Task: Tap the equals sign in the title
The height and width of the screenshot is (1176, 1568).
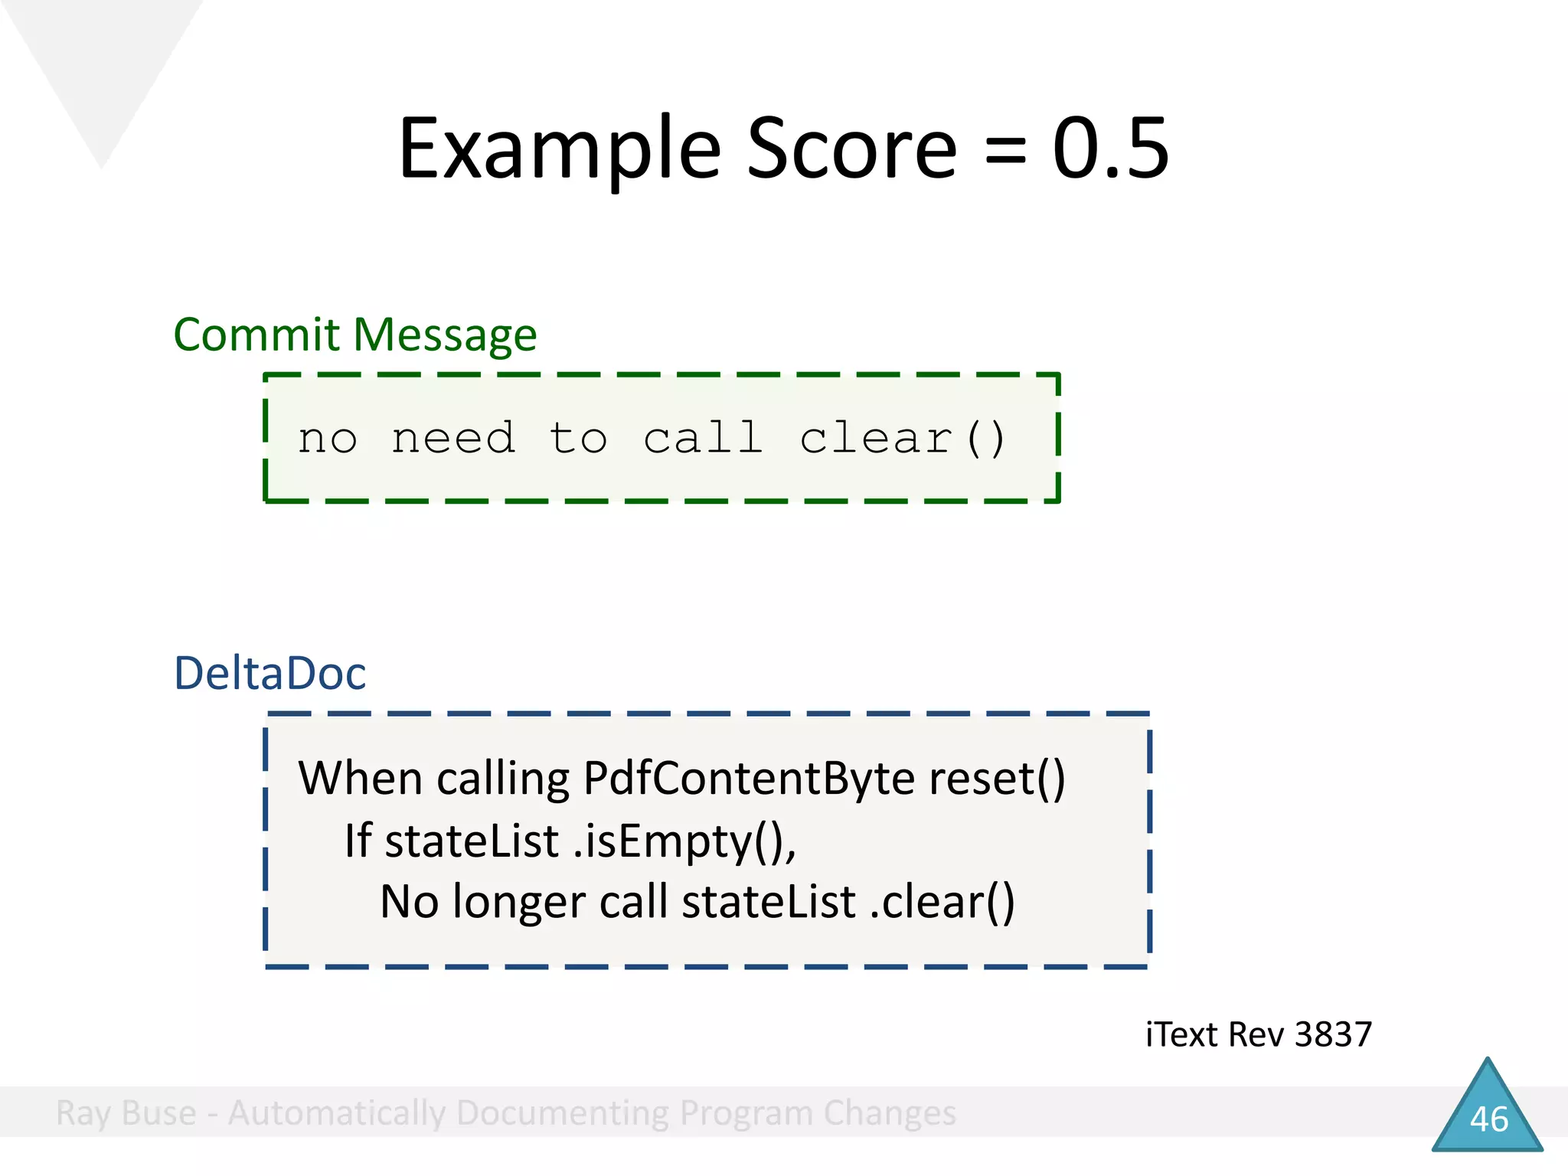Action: tap(1004, 151)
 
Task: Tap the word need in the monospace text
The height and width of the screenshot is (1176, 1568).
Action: tap(452, 439)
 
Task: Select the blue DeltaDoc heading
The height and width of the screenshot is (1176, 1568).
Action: tap(269, 673)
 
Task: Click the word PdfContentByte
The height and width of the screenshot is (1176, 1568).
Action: tap(748, 779)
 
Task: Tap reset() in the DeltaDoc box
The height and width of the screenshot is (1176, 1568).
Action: tap(996, 779)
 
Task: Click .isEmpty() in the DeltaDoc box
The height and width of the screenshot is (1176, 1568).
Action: tap(684, 841)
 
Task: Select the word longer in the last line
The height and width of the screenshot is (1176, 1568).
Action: tap(518, 902)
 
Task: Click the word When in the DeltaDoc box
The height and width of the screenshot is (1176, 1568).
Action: tap(360, 779)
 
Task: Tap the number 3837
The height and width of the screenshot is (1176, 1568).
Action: tap(1333, 1034)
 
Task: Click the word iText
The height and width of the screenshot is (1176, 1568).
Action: tap(1181, 1034)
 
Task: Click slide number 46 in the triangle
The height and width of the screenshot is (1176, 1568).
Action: tap(1488, 1119)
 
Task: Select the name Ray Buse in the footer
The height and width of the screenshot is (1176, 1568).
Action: tap(126, 1112)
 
